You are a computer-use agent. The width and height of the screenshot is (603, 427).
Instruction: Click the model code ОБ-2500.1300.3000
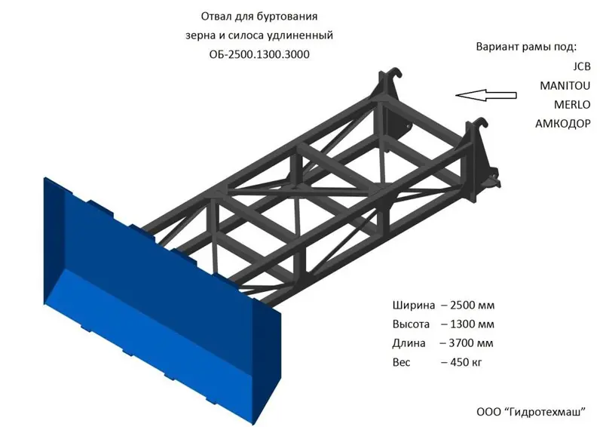(259, 54)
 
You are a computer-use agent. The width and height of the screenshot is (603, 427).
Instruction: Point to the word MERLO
(572, 103)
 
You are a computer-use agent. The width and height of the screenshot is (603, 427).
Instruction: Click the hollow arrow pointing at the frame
(486, 94)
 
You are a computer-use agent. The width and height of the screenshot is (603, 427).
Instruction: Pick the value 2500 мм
(472, 306)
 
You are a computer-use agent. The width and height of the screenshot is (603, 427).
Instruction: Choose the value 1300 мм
(472, 324)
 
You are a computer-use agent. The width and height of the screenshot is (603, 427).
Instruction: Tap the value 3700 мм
(472, 343)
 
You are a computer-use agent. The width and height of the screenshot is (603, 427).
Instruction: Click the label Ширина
(414, 306)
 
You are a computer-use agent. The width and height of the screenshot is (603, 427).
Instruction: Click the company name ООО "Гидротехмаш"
(531, 412)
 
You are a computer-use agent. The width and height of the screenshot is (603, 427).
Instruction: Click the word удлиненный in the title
(301, 35)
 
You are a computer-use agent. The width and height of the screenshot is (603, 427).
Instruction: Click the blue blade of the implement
(151, 302)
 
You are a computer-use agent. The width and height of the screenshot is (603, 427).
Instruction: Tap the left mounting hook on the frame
(390, 78)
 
